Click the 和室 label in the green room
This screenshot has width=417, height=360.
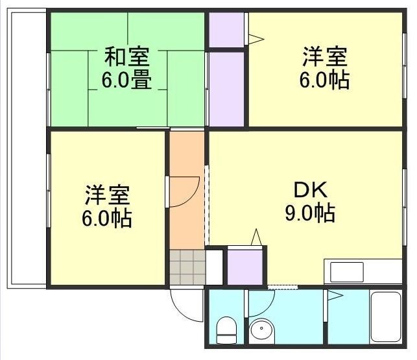click(x=127, y=57)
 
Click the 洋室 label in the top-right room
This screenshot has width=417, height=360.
click(x=325, y=57)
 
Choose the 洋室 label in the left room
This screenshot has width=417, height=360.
click(x=107, y=194)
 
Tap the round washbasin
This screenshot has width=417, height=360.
click(x=263, y=330)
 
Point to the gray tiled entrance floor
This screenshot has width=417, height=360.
click(x=187, y=267)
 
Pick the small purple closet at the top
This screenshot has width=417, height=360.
click(x=226, y=29)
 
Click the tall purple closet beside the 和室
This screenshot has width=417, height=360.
click(x=226, y=89)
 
